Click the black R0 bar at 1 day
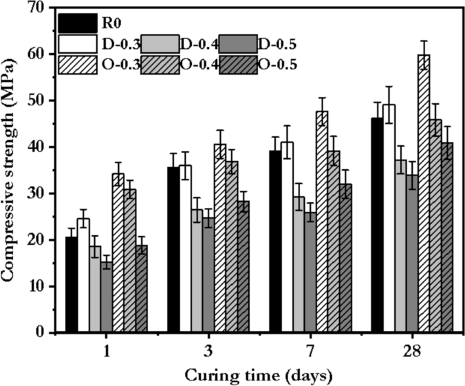pos(71,285)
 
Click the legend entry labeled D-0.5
pos(275,44)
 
